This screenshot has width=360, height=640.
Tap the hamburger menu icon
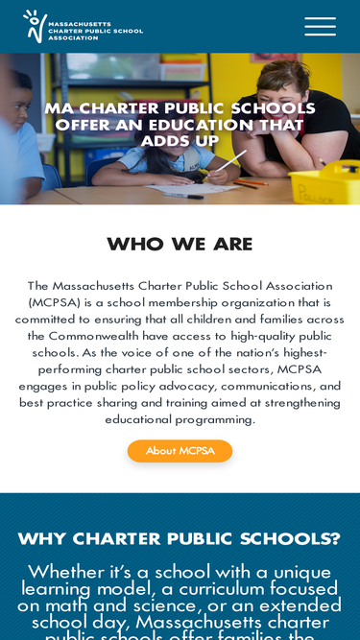coord(320,27)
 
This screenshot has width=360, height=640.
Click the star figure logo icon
coord(35,26)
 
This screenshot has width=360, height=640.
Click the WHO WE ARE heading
coord(180,244)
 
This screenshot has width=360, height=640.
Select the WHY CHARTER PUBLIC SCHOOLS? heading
coord(180,538)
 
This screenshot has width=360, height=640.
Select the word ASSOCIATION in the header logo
coord(74,37)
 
